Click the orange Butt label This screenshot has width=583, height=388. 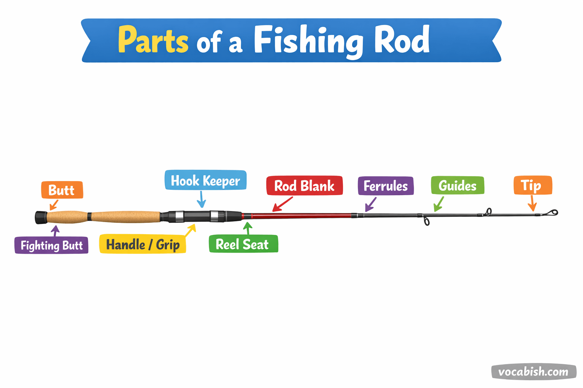point(62,190)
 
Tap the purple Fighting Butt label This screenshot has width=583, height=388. point(51,245)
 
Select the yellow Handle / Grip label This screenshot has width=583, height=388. point(142,244)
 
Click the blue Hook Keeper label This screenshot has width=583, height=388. point(205,180)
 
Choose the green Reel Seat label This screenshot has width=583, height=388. point(243,244)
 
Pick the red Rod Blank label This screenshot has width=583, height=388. point(304,186)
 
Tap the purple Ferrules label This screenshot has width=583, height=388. point(386,186)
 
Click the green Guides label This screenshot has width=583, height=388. point(457,186)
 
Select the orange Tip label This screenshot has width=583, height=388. point(532,185)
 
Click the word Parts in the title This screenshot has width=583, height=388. point(153,40)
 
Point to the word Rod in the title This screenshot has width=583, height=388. point(402,39)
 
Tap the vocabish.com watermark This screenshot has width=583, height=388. point(533,372)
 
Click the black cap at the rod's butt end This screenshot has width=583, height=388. point(41,217)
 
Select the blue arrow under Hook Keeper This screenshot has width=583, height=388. point(202,199)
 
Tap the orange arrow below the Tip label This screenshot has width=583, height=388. point(532,203)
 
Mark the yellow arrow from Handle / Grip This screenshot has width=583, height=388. point(191,230)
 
